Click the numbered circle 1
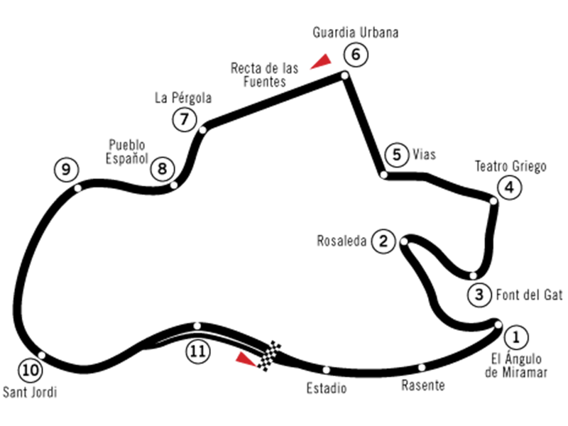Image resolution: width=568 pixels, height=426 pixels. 516,337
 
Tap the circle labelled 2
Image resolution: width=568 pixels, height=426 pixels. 383,241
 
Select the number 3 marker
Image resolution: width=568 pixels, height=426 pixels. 479,295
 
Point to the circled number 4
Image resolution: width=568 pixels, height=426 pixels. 509,188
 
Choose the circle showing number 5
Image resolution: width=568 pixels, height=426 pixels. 396,155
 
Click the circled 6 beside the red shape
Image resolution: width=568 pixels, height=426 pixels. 356,55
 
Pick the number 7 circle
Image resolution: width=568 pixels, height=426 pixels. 185,119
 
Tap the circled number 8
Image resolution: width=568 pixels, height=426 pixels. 162,169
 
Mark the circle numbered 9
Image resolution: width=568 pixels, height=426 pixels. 66,170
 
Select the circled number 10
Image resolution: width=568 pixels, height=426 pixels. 30,370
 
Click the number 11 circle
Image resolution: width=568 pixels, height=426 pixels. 198,351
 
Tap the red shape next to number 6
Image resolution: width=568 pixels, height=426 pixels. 319,60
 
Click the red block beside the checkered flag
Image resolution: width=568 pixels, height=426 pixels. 239,376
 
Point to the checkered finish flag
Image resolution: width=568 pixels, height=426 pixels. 268,356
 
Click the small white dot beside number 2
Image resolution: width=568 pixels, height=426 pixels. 404,241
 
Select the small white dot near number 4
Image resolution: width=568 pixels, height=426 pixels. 493,201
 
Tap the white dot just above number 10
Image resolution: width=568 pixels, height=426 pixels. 42,355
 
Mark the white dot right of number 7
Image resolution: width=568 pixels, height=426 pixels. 202,130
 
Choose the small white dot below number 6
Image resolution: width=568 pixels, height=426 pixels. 345,75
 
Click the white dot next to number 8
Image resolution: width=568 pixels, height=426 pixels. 174,185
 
